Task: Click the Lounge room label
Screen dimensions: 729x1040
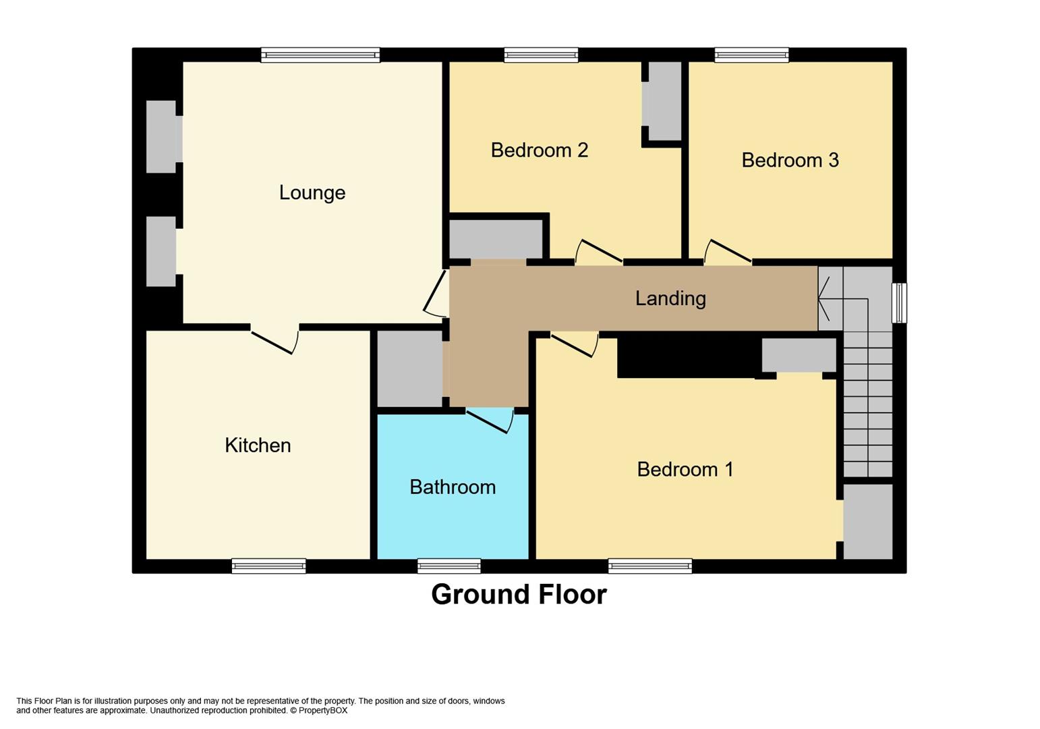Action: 312,193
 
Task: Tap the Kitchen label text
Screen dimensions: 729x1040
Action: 258,446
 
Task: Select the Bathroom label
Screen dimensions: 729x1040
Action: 452,487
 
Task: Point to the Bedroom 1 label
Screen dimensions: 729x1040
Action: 685,469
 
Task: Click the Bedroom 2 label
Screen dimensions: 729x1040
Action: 539,150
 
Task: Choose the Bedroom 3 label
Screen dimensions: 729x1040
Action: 790,160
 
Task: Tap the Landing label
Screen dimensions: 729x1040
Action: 670,298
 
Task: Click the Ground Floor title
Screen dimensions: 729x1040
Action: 519,595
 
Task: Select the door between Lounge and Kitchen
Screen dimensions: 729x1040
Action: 275,340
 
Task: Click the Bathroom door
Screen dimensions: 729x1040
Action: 489,421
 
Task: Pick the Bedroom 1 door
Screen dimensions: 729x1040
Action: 574,344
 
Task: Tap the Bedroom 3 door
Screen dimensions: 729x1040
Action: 728,252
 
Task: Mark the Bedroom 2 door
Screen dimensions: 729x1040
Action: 598,252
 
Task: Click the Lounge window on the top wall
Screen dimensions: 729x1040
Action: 320,55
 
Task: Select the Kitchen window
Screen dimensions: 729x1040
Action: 268,566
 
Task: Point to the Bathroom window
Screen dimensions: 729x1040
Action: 449,566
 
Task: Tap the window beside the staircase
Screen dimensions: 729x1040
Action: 899,302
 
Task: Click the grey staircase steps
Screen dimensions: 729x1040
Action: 868,405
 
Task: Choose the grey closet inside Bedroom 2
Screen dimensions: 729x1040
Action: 664,101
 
